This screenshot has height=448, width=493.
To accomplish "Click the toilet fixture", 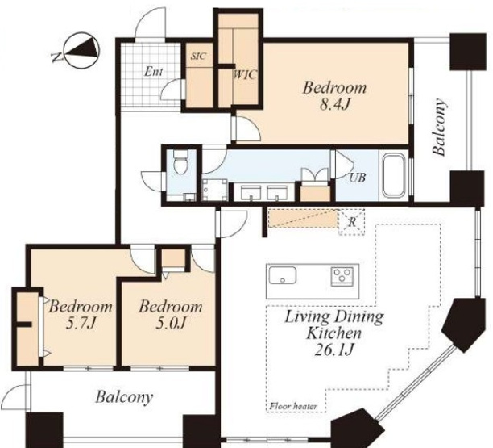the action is click(180, 161).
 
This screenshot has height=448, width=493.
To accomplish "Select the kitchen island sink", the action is click(282, 275).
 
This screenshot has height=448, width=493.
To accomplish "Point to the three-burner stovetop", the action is click(342, 276).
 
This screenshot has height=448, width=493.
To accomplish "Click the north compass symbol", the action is click(81, 50).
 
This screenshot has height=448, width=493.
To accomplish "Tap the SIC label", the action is click(199, 56).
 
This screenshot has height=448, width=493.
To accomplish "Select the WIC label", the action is click(245, 75).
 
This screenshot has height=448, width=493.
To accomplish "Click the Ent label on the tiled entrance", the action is click(153, 72).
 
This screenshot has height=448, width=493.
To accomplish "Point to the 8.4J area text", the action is click(335, 104).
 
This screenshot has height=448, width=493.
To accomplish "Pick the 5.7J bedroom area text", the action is click(81, 323).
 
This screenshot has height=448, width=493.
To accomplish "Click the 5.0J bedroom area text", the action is click(170, 323).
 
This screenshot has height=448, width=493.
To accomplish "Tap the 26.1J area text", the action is click(334, 350).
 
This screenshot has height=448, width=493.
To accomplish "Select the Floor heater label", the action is click(293, 406).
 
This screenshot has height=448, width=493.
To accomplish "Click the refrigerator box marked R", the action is click(352, 222).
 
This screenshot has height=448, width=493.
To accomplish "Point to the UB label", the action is click(358, 178).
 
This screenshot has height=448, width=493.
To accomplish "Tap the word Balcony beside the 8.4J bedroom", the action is click(440, 127).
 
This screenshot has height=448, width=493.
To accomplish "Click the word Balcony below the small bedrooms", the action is click(124, 397).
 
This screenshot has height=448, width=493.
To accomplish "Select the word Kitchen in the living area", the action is click(334, 333).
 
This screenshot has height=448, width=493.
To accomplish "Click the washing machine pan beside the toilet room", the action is click(215, 190).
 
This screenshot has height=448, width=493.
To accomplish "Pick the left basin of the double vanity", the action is click(251, 192).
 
